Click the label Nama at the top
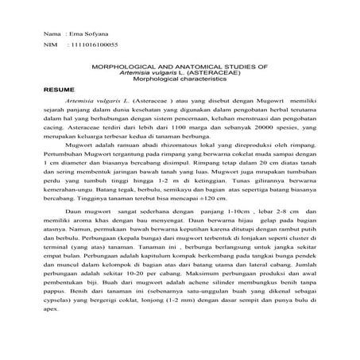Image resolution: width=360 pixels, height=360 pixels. (52, 37)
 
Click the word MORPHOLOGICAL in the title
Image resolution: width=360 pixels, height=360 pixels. (133, 69)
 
